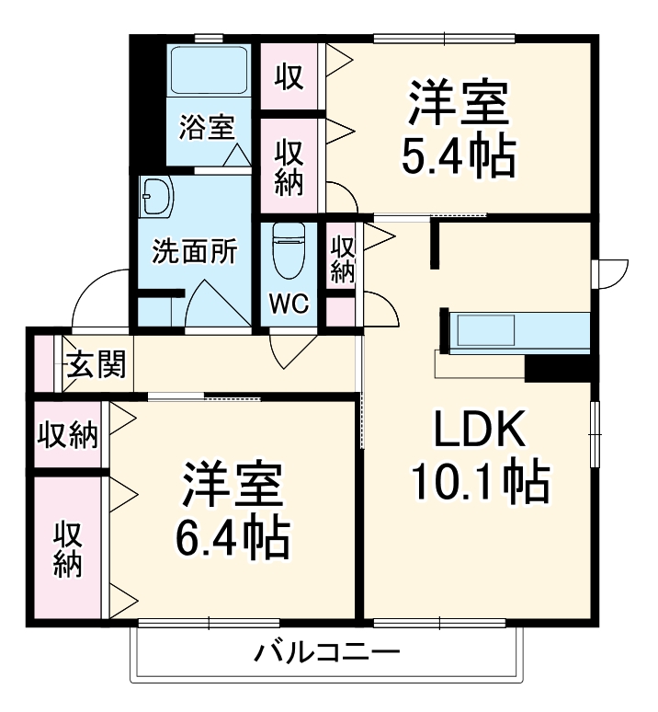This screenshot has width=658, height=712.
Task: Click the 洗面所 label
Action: point(195,250)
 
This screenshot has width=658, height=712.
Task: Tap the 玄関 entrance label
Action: point(96,366)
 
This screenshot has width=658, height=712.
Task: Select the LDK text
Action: point(478,430)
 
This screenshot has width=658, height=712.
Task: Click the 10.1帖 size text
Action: point(479,479)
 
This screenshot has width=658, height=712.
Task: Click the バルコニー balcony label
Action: point(327,655)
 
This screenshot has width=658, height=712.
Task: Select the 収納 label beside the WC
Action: point(343,259)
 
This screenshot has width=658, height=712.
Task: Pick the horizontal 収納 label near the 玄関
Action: point(68,435)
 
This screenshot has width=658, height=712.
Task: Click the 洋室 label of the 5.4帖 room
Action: point(457,103)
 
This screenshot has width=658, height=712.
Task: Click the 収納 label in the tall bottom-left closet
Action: point(67,548)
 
